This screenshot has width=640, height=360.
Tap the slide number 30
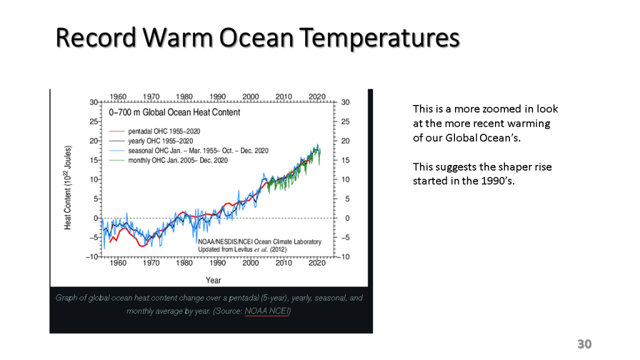tap(584, 344)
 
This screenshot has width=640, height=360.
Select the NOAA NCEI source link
tap(267, 311)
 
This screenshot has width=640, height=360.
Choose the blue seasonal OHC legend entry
tap(189, 151)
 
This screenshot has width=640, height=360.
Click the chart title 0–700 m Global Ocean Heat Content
tap(174, 112)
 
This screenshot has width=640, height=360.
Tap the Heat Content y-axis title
tap(68, 187)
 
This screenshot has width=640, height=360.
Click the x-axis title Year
tap(213, 280)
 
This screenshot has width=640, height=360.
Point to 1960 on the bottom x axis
tap(118, 262)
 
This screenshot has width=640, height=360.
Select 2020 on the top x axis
tap(317, 96)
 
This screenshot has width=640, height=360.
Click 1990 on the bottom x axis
tap(217, 262)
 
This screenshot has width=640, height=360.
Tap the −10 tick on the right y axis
tap(345, 257)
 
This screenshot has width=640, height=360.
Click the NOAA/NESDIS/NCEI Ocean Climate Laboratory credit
tap(259, 241)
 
